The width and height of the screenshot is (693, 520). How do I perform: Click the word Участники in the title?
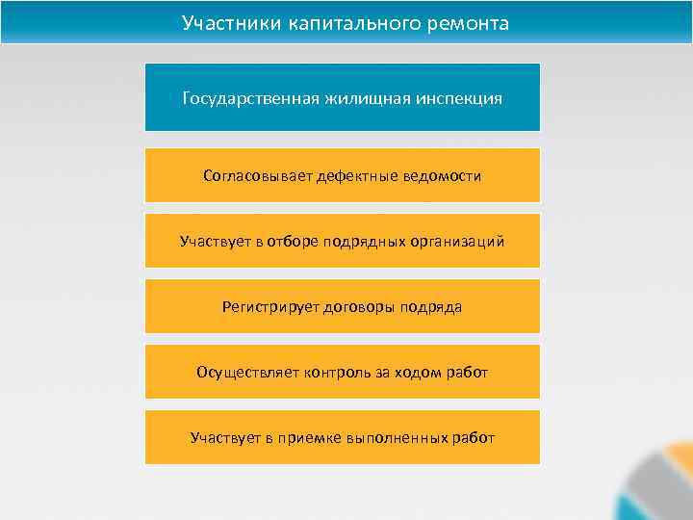231,22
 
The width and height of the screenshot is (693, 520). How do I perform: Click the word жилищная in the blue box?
367,98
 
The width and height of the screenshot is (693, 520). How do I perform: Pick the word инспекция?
461,98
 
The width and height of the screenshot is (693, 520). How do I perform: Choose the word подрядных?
365,241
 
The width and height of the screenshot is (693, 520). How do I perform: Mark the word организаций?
457,241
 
